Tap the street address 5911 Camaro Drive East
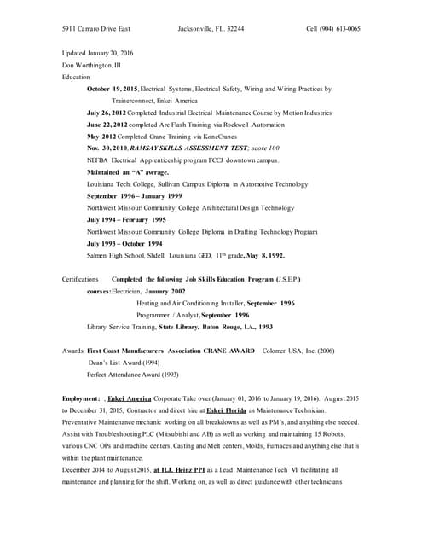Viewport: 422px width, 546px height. click(96, 28)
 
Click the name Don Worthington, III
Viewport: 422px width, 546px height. click(92, 64)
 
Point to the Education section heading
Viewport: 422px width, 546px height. click(76, 77)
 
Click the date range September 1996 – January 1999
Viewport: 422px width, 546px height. click(134, 196)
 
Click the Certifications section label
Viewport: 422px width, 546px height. click(80, 279)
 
